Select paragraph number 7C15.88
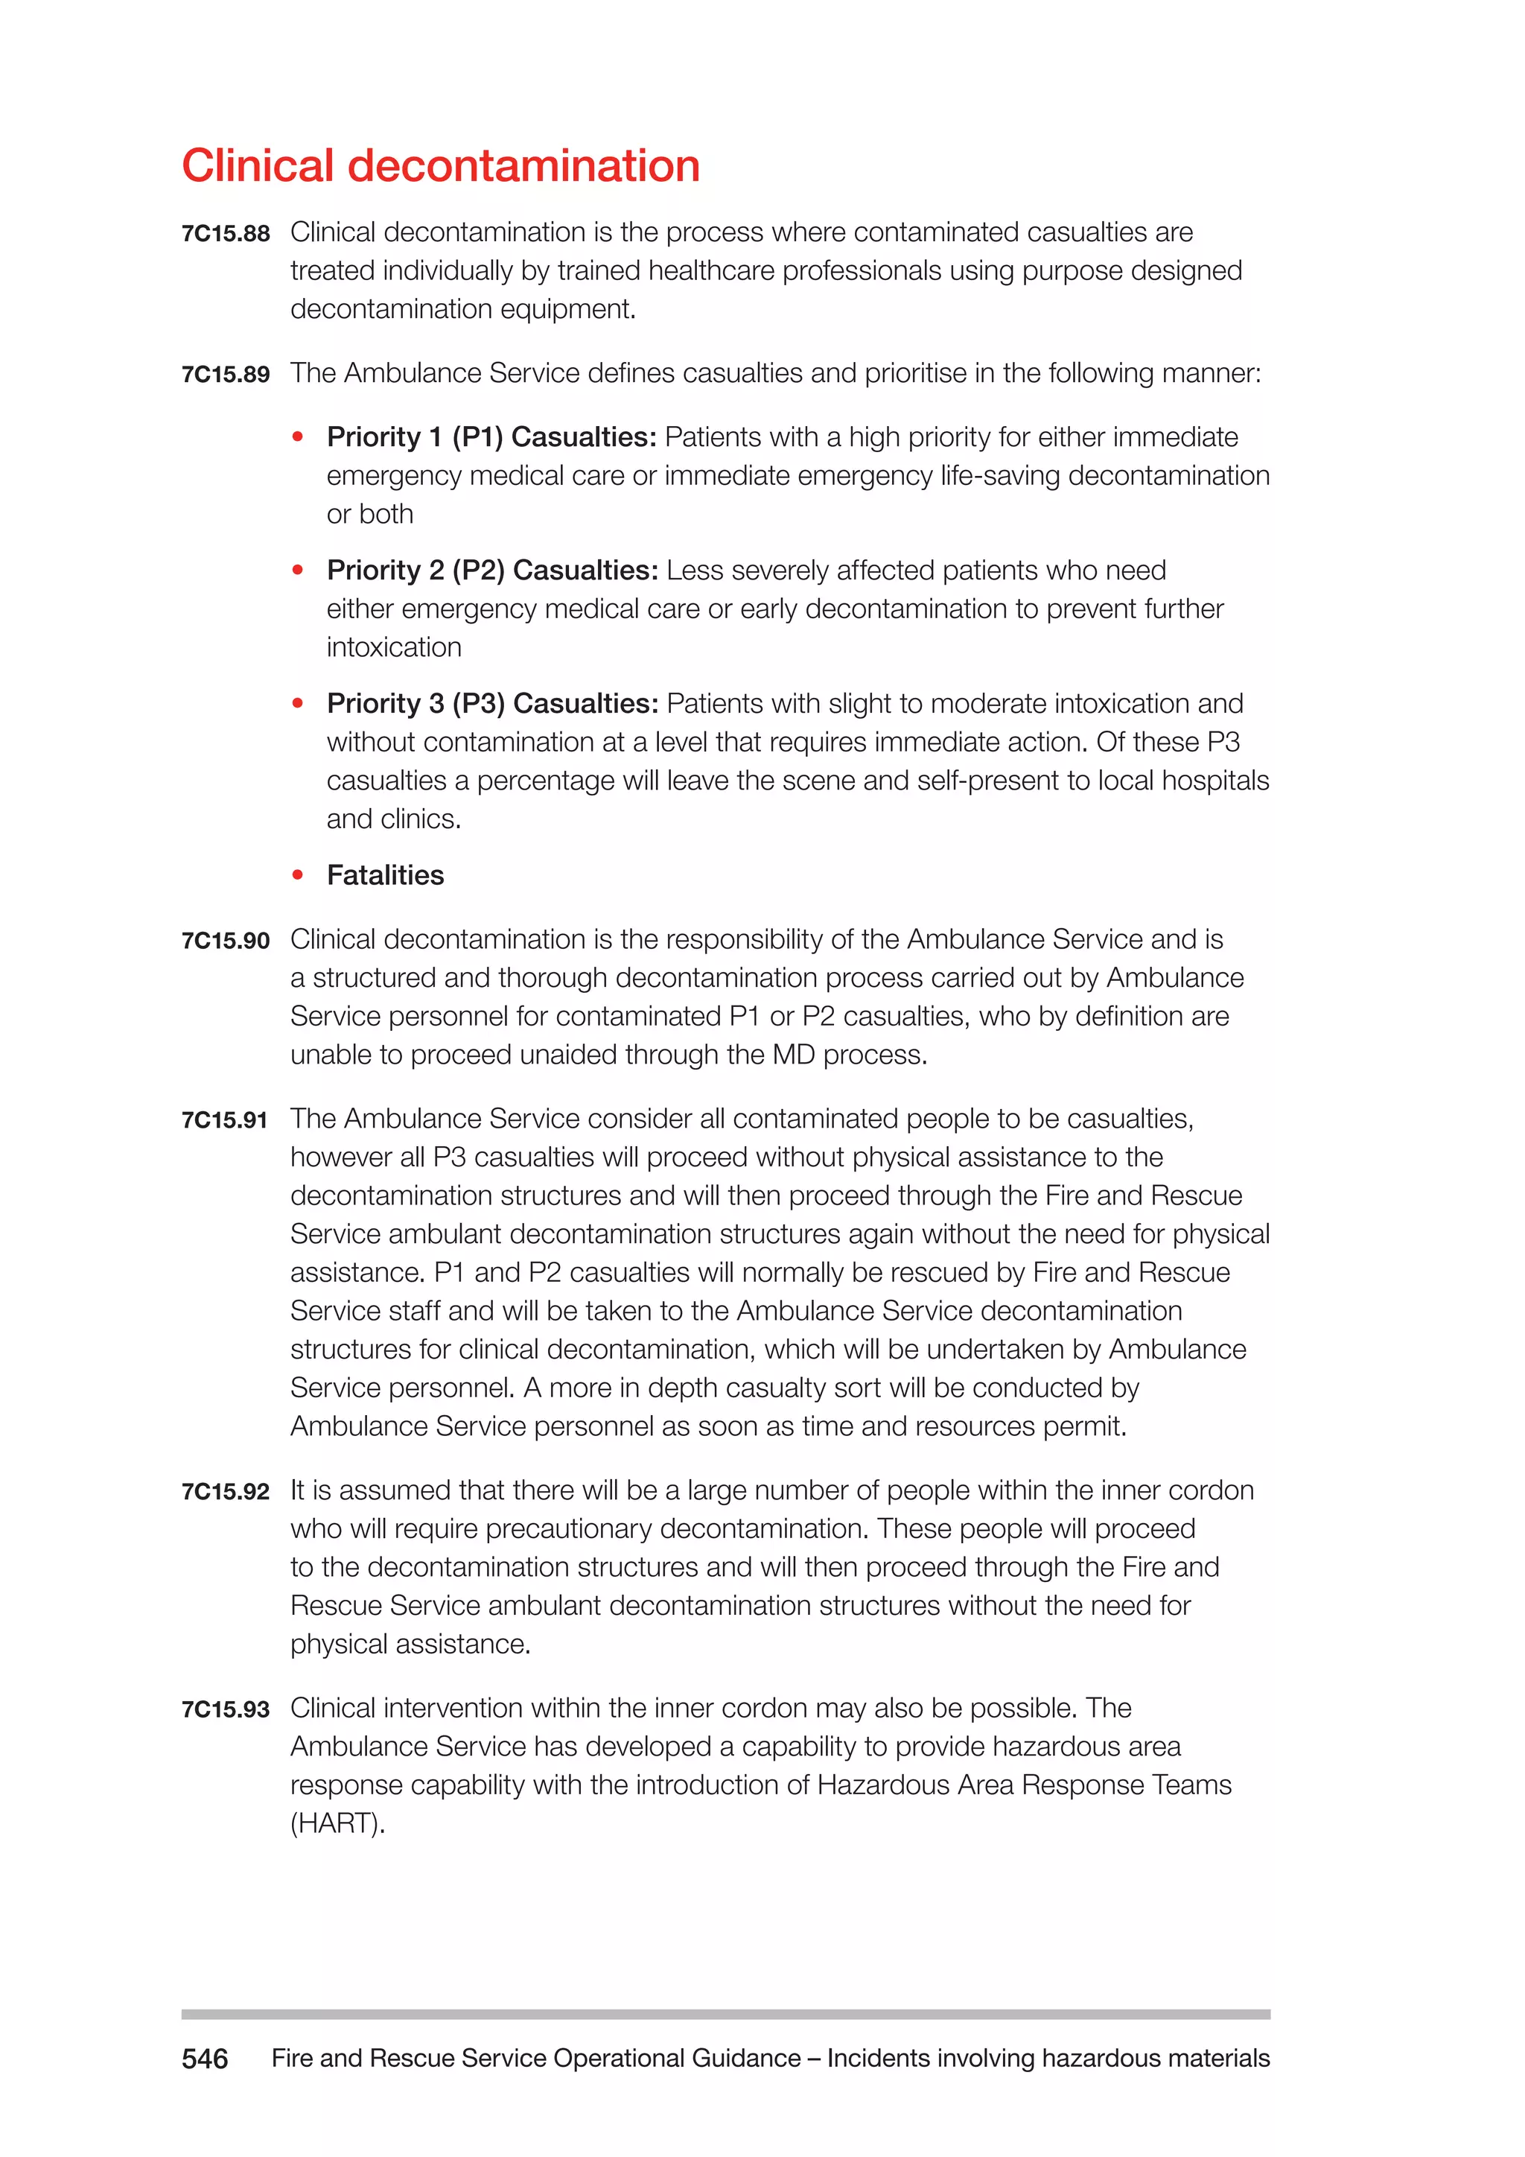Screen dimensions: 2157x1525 pyautogui.click(x=226, y=234)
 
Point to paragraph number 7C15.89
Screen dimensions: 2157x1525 pyautogui.click(x=226, y=375)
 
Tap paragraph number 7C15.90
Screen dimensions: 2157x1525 pyautogui.click(x=226, y=941)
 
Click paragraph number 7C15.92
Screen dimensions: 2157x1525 pyautogui.click(x=226, y=1493)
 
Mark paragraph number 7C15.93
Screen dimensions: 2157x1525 pyautogui.click(x=226, y=1710)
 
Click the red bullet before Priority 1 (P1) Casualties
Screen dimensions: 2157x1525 pyautogui.click(x=298, y=437)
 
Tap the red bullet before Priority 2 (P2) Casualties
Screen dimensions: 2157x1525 pyautogui.click(x=298, y=571)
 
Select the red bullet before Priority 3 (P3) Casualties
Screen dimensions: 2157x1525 pyautogui.click(x=298, y=704)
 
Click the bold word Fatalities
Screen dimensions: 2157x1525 pyautogui.click(x=385, y=876)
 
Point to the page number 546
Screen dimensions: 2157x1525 pyautogui.click(x=205, y=2059)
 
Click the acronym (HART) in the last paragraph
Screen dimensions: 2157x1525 pyautogui.click(x=337, y=1824)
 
